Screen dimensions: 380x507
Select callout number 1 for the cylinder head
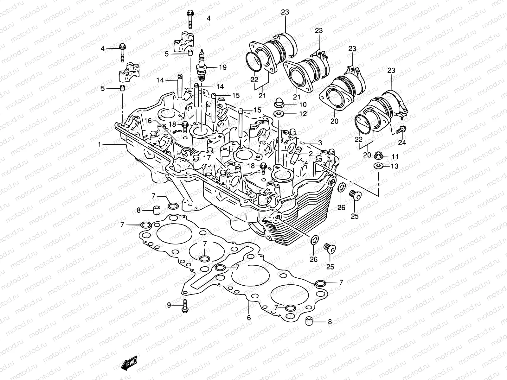[x=99, y=144]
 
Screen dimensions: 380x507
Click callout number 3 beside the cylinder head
[x=320, y=143]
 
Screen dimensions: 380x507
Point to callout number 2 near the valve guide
[x=311, y=154]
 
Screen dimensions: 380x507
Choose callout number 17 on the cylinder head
[x=207, y=157]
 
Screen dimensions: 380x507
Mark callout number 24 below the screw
[x=402, y=142]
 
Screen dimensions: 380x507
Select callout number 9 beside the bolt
[x=169, y=305]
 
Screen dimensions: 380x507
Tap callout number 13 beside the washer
[x=395, y=166]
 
